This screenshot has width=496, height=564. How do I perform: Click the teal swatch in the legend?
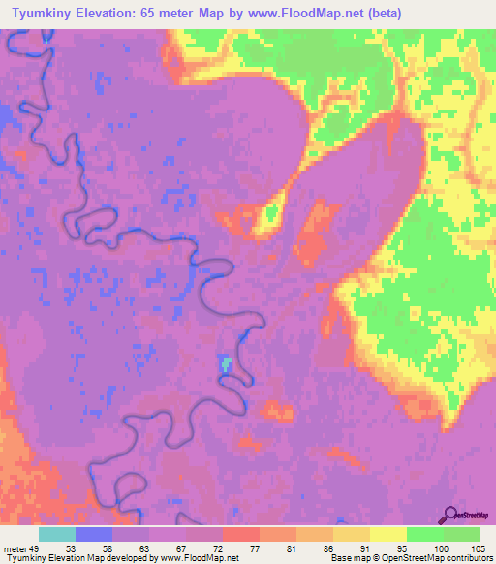click(x=57, y=534)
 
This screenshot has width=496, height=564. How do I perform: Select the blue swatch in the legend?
click(x=94, y=534)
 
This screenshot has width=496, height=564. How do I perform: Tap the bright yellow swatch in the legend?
click(x=387, y=534)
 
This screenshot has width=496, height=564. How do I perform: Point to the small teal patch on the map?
click(x=226, y=364)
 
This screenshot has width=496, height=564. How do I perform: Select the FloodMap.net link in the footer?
click(x=214, y=559)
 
